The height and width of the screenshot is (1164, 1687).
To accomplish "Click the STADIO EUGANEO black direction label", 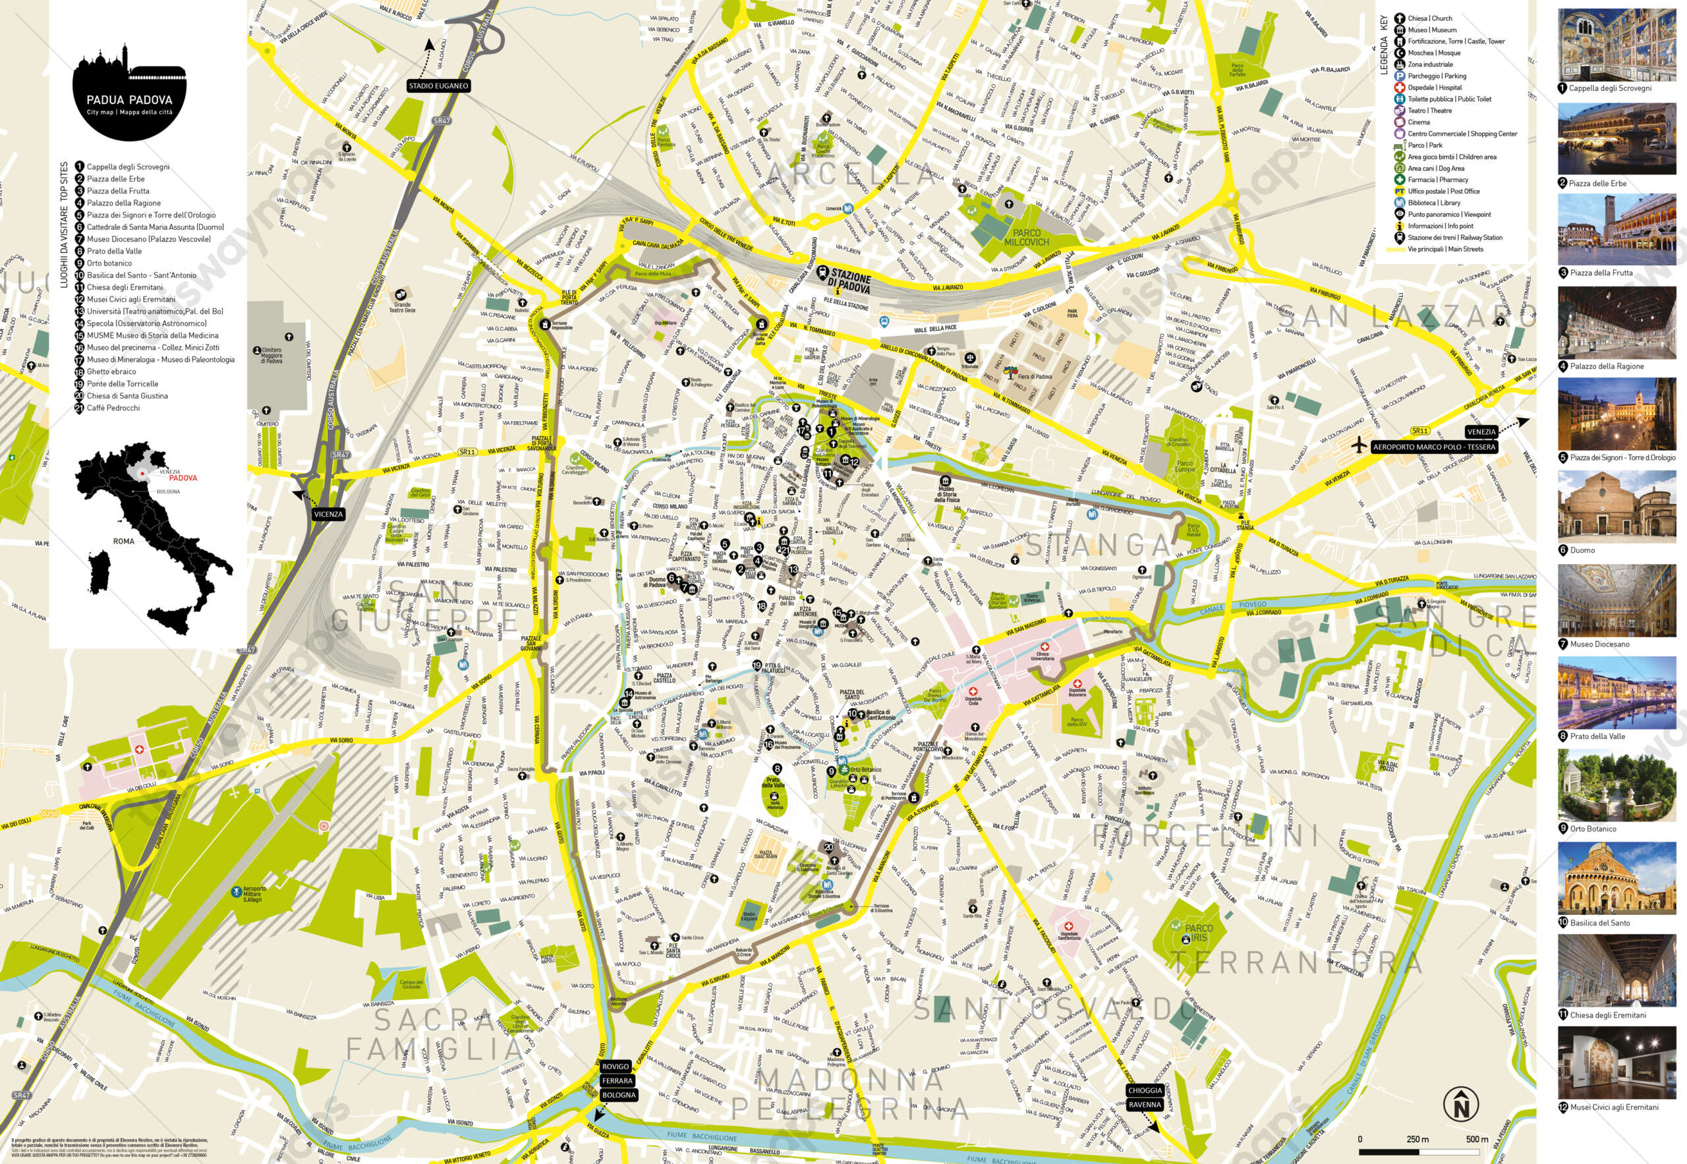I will tap(438, 86).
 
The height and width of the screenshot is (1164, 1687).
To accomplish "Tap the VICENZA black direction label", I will tap(328, 514).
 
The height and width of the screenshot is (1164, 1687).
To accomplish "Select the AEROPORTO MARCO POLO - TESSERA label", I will tap(1433, 447).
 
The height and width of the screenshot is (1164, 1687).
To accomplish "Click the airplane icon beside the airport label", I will tap(1359, 443).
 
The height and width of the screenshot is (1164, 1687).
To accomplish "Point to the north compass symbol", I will tap(1461, 1103).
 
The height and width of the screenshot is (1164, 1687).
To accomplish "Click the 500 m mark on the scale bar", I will tap(1476, 1139).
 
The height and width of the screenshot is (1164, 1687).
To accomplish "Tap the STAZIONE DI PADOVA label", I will tap(849, 281).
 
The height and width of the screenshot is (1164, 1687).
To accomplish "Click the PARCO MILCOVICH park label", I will tap(1026, 238).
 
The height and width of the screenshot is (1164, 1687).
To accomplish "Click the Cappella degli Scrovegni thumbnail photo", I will tap(1616, 45).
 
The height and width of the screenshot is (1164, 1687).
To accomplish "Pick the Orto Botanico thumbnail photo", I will tap(1616, 785).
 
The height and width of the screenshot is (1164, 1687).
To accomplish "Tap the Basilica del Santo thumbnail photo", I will tap(1616, 878).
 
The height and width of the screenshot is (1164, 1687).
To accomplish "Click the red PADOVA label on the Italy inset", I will tap(183, 478).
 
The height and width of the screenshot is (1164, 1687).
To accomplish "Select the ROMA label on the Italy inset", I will tap(123, 541).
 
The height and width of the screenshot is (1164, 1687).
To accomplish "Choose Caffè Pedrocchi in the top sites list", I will tap(113, 408).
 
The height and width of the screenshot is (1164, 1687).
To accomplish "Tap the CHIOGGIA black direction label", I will tap(1144, 1090).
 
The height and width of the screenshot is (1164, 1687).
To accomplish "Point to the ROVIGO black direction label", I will tap(615, 1067).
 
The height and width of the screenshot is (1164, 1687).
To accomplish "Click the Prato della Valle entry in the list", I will tap(114, 251).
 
